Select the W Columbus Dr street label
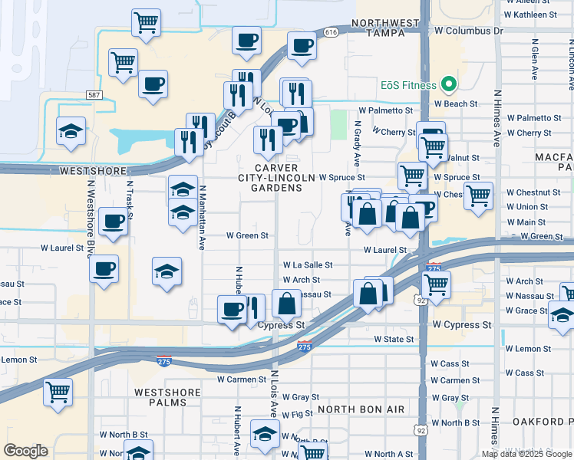pos(466,31)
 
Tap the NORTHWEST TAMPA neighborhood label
pos(387,28)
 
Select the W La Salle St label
pos(308,264)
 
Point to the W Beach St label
pos(456,103)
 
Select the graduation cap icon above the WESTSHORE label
pos(71,130)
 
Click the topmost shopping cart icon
pos(146,21)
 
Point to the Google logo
pos(25,451)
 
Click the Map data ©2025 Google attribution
pos(526,454)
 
